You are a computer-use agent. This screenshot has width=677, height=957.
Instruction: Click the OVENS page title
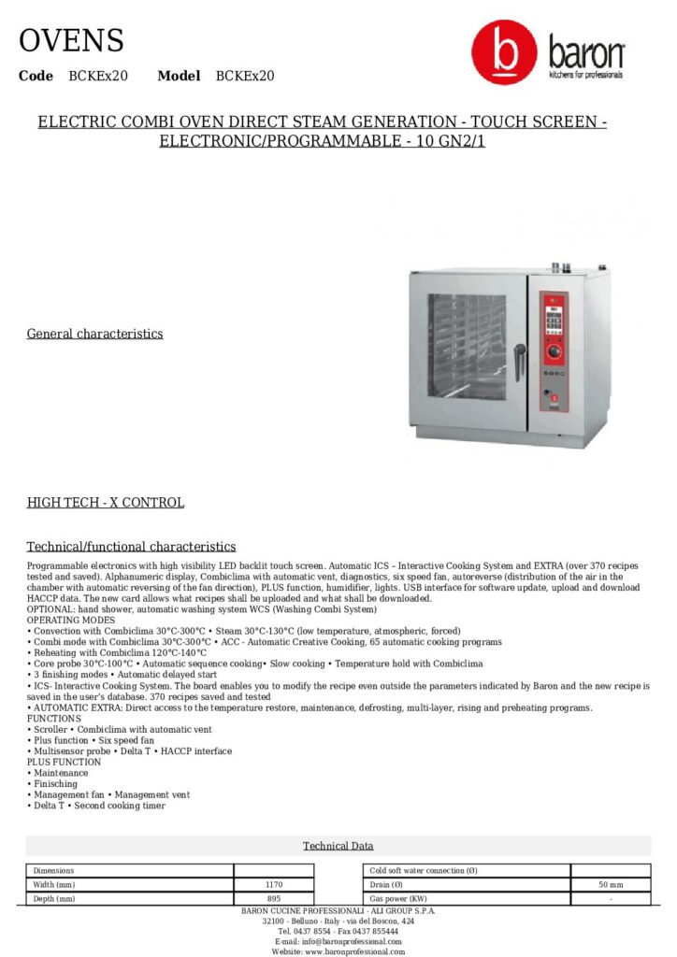71,41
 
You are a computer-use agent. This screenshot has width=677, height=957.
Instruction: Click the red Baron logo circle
504,54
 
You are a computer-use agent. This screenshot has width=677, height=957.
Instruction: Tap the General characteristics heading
94,334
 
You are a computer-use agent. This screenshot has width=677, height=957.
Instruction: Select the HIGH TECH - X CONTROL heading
105,503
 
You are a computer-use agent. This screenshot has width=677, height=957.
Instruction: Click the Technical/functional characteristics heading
131,547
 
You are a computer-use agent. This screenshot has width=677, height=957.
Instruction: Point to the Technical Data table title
338,846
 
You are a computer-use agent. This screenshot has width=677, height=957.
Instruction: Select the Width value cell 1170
273,884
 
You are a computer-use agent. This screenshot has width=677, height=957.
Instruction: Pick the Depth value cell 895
273,899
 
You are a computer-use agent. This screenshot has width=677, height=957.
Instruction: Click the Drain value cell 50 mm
610,884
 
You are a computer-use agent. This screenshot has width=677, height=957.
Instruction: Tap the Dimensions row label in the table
53,870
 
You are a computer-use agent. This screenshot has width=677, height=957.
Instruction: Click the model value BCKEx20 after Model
245,76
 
